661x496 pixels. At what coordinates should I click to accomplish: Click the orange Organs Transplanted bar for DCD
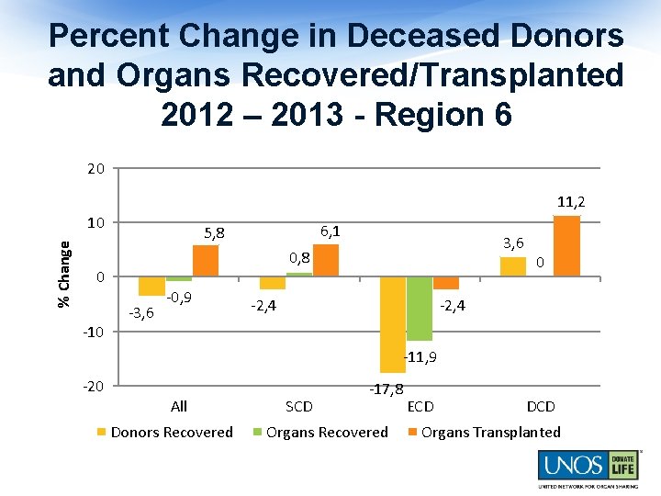pyautogui.click(x=566, y=245)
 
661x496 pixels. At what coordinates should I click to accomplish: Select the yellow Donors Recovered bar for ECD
pyautogui.click(x=393, y=323)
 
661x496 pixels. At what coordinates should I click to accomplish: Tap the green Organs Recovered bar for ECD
pyautogui.click(x=420, y=308)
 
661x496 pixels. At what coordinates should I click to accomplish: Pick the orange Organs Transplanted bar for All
pyautogui.click(x=206, y=261)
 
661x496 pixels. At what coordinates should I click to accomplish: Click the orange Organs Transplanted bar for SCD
pyautogui.click(x=326, y=260)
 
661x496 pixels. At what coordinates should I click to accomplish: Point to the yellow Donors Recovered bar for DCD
pyautogui.click(x=513, y=266)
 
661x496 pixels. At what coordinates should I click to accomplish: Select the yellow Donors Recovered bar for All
pyautogui.click(x=151, y=286)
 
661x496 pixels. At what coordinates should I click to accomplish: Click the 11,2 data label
pyautogui.click(x=570, y=201)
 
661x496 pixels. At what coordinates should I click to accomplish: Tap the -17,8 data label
pyautogui.click(x=387, y=389)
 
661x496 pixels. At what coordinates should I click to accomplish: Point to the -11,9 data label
pyautogui.click(x=420, y=356)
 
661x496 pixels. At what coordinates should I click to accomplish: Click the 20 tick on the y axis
pyautogui.click(x=95, y=168)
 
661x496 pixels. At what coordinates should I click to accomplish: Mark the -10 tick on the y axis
pyautogui.click(x=94, y=332)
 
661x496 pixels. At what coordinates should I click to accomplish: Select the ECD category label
pyautogui.click(x=420, y=406)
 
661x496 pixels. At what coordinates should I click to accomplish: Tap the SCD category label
pyautogui.click(x=299, y=406)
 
